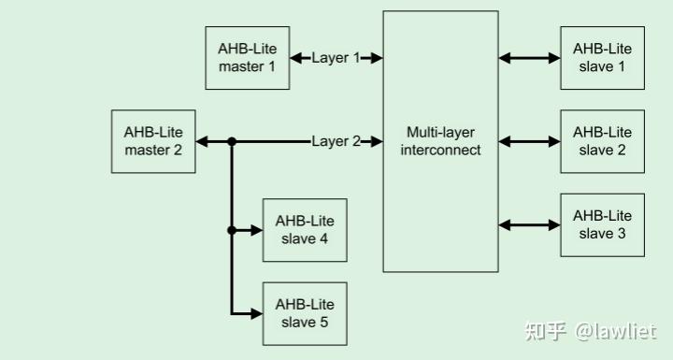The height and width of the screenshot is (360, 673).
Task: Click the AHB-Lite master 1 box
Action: coord(247,58)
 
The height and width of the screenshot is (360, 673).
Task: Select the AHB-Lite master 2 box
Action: coord(153,141)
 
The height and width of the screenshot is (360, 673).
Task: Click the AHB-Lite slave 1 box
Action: coord(602,58)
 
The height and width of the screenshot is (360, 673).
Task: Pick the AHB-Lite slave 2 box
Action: coord(602,141)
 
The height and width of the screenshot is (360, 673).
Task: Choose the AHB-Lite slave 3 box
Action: coord(602,224)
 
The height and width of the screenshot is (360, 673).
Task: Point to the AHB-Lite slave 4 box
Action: coord(304,230)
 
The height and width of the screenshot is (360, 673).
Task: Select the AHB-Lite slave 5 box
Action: coord(304,313)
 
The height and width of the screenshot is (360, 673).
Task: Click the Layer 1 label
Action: coord(336,58)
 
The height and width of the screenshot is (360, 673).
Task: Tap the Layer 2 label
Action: coord(336,141)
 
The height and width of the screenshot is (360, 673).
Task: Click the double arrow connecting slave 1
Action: coord(529,58)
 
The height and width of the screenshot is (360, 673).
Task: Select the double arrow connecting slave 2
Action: coord(529,141)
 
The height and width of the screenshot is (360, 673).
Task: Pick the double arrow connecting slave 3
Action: coord(529,224)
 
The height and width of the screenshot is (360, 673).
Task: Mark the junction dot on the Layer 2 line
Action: coord(232,141)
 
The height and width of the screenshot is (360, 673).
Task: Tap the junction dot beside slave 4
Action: coord(232,230)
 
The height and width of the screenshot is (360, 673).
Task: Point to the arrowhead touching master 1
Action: coord(296,58)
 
